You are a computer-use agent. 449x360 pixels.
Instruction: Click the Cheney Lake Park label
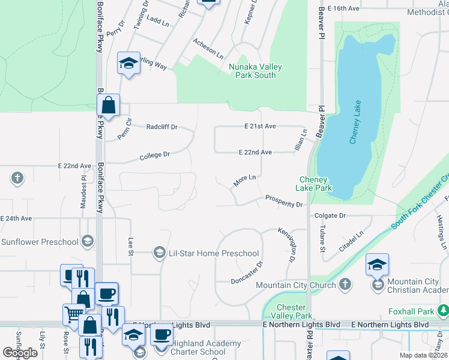(x=314, y=184)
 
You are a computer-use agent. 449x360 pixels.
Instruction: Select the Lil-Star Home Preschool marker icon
(x=159, y=253)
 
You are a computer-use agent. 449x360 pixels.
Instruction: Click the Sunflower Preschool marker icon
(x=88, y=242)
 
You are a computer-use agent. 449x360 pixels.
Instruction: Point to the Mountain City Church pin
(x=345, y=284)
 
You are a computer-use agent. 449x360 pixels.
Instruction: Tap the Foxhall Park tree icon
(x=443, y=311)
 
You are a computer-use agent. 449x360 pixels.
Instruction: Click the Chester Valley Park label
(x=292, y=311)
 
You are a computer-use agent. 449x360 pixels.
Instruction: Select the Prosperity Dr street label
(x=284, y=201)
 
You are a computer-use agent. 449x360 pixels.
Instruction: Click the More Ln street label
(x=244, y=180)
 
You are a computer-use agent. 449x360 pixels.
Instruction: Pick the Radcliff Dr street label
(x=162, y=127)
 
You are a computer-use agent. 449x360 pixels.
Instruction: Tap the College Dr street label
(x=155, y=155)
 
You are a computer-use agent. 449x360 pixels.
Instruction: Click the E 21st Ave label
(x=259, y=126)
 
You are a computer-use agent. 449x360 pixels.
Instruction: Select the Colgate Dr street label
(x=330, y=215)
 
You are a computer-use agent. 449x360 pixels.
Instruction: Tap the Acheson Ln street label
(x=208, y=48)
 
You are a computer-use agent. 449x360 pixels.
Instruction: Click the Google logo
(x=20, y=353)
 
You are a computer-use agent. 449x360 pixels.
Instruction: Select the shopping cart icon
(x=73, y=313)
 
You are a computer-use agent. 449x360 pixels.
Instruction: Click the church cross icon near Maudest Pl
(x=17, y=178)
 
